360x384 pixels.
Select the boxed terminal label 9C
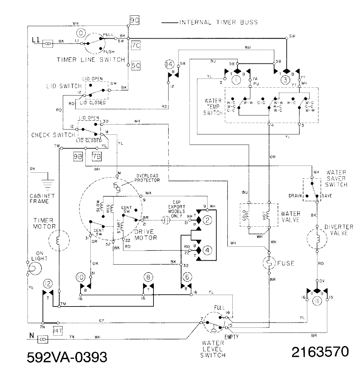click(x=135, y=21)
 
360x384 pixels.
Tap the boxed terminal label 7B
click(x=97, y=157)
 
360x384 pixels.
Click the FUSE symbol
click(x=269, y=263)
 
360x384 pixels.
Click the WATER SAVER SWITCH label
click(x=336, y=178)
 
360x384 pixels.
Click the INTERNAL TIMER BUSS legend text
click(x=218, y=23)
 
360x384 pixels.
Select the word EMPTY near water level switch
click(x=231, y=337)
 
